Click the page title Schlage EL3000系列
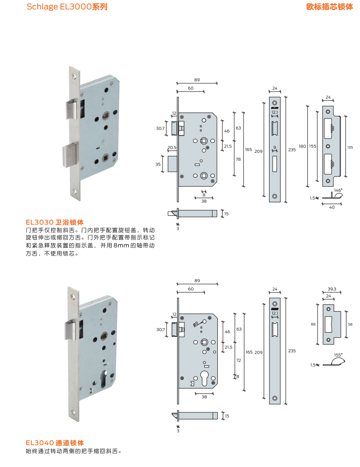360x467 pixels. click(67, 7)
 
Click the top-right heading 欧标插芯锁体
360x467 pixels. click(330, 7)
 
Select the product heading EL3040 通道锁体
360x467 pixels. click(55, 443)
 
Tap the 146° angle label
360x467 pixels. click(337, 191)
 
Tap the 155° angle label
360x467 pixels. click(337, 355)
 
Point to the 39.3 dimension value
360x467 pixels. click(332, 290)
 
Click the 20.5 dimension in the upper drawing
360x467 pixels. click(172, 148)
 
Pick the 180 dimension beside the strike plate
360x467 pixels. click(301, 146)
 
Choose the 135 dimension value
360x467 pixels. click(350, 147)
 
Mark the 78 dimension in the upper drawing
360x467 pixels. click(238, 159)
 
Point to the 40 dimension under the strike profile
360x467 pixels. click(332, 207)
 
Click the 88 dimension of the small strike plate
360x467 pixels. click(313, 324)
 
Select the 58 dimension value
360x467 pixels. click(350, 324)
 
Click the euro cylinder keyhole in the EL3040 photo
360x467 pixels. click(105, 376)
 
